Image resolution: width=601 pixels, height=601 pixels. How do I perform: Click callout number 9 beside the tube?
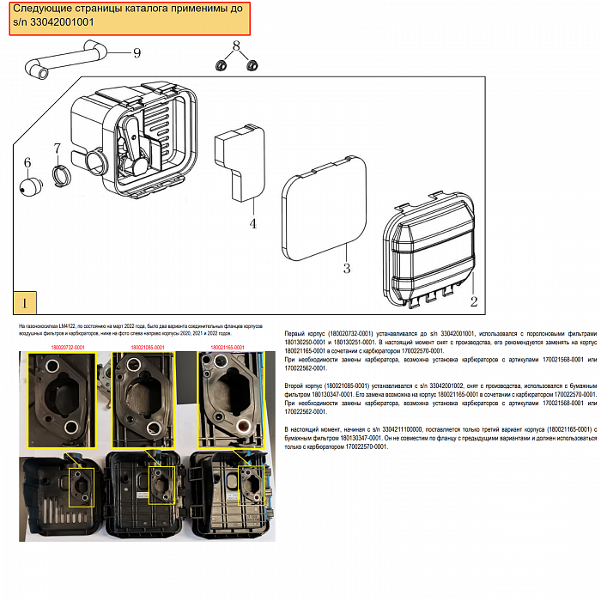coord(137,53)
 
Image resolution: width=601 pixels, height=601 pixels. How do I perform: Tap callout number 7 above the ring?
coord(58,149)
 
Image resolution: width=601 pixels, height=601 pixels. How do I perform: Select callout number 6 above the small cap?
coord(27,163)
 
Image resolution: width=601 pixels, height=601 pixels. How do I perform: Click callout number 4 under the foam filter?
coord(252,224)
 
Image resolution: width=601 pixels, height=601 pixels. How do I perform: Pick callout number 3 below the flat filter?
coord(346,269)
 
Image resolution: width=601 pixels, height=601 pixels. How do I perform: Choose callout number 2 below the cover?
coord(472,300)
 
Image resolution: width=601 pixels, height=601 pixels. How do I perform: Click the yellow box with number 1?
coord(25,303)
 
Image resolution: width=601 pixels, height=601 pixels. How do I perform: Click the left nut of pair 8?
coord(222,65)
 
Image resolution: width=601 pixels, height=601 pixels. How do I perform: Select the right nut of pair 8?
coord(252,65)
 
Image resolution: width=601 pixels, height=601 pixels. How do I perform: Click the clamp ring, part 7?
coord(63,176)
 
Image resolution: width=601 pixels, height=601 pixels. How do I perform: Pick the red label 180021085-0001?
coord(148,347)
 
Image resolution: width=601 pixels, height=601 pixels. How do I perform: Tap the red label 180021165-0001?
coord(228,347)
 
